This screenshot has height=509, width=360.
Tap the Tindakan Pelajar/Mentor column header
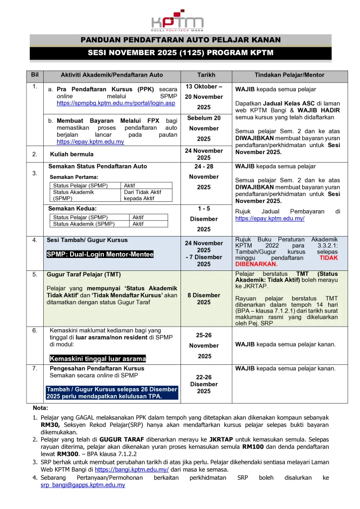[289, 75]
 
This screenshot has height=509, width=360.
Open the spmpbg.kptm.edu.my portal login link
[116, 103]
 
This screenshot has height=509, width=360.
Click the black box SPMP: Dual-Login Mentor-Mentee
[100, 254]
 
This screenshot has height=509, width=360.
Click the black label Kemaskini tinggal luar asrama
[97, 358]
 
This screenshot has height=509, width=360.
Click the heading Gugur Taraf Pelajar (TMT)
[84, 274]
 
